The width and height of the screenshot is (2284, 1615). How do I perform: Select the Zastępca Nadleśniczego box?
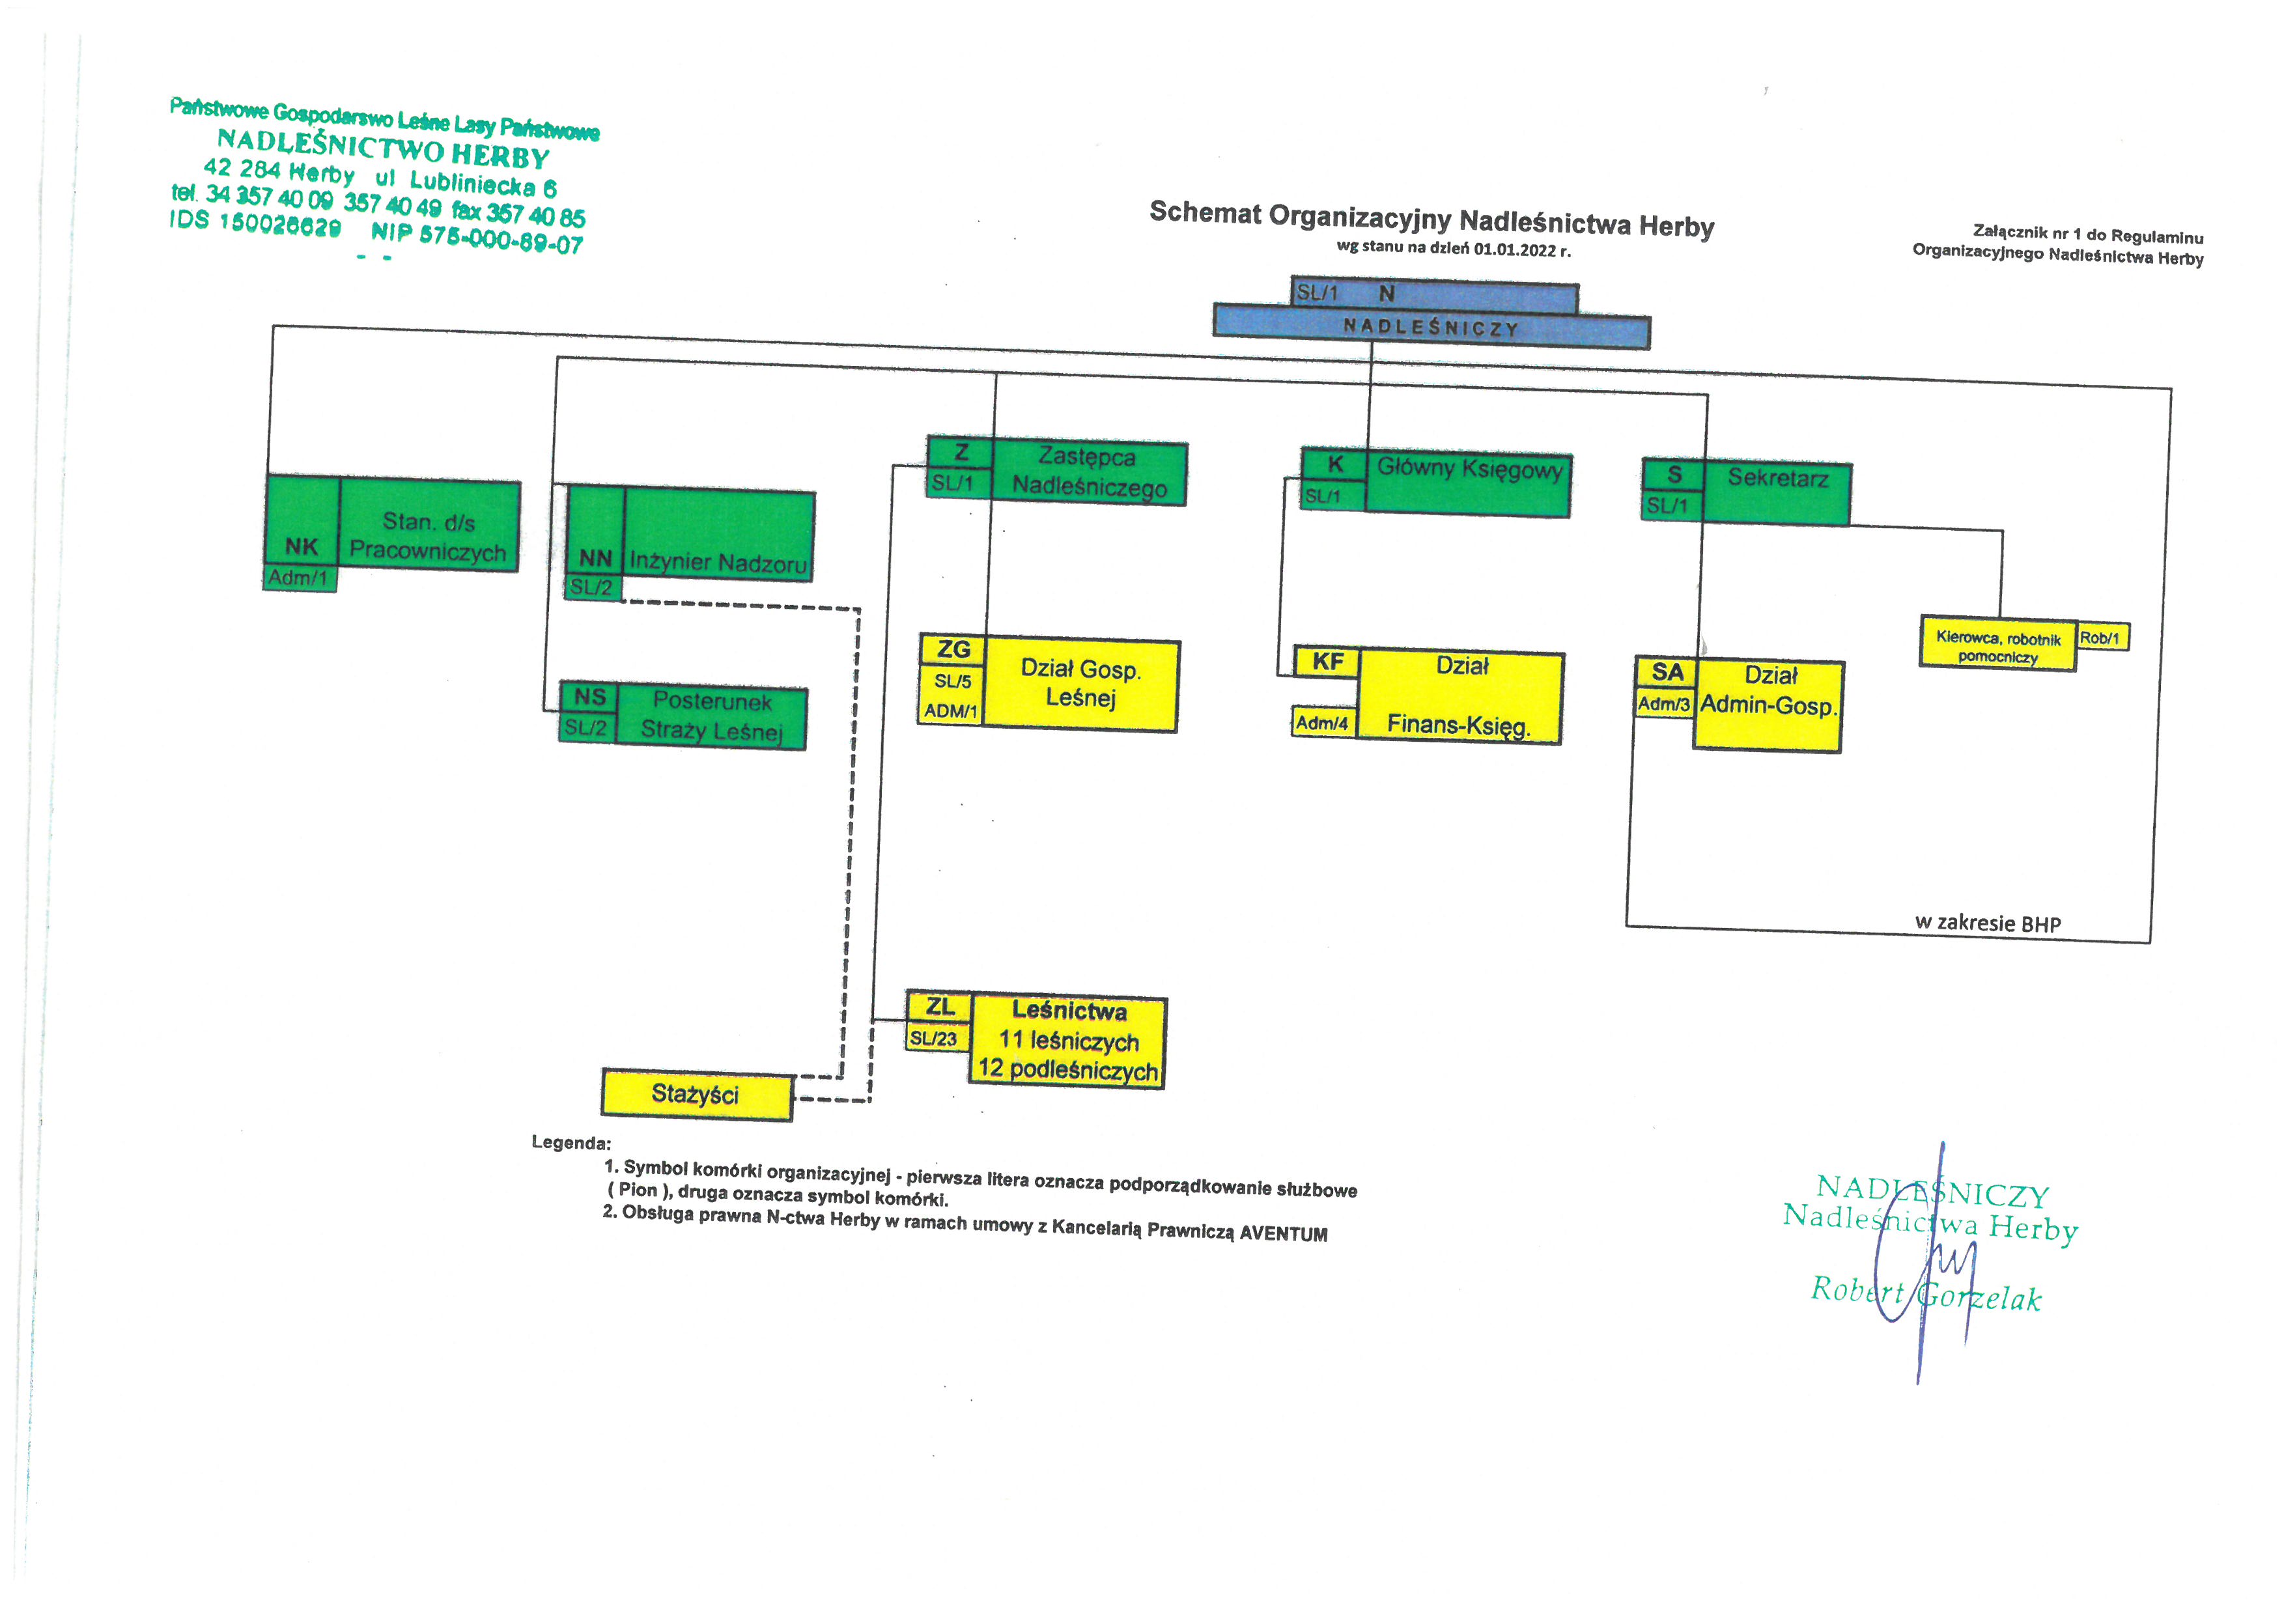[1088, 472]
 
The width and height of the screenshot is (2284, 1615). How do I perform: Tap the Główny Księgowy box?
[1467, 483]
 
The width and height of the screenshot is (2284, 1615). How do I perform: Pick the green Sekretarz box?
[1777, 492]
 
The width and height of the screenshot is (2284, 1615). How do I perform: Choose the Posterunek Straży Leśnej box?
[711, 716]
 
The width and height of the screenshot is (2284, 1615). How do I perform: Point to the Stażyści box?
[696, 1095]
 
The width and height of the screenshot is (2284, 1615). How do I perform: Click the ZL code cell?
[939, 1006]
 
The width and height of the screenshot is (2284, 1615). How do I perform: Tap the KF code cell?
[1327, 662]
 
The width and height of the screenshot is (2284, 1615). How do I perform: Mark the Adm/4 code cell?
[1322, 723]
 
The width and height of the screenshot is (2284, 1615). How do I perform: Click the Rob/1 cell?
[2101, 638]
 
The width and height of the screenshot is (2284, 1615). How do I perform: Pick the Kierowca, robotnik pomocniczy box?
[1997, 647]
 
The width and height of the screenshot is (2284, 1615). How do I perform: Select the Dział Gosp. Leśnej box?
[1080, 684]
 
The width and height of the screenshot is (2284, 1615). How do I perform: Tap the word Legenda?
[571, 1143]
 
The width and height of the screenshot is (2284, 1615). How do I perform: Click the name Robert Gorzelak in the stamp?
[1925, 1294]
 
